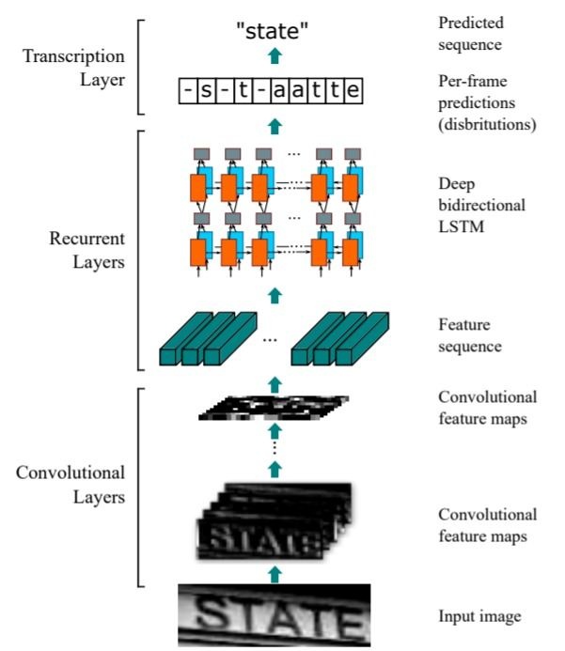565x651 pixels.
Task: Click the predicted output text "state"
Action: point(272,30)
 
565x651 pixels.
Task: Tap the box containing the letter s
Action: point(206,90)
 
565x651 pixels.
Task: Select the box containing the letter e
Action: point(353,90)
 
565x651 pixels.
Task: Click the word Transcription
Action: point(73,56)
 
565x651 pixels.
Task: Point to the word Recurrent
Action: point(86,239)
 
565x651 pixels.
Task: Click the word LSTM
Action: point(462,226)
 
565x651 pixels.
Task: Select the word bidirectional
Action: point(482,205)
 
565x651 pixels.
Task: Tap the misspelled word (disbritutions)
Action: point(487,124)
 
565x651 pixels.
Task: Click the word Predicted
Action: point(471,23)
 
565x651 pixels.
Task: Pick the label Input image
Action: point(479,615)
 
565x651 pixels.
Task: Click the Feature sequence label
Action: point(470,335)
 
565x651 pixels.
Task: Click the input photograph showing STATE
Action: point(275,615)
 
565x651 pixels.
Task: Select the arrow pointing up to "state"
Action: point(275,55)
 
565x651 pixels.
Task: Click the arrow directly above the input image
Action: point(275,575)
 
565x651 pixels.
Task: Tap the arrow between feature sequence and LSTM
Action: point(275,295)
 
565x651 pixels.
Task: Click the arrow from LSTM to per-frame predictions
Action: point(275,126)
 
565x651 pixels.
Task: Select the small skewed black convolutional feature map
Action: point(274,408)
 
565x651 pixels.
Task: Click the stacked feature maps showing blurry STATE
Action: point(275,520)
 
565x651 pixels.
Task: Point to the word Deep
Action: point(457,184)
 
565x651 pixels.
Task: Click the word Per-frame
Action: point(473,81)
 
